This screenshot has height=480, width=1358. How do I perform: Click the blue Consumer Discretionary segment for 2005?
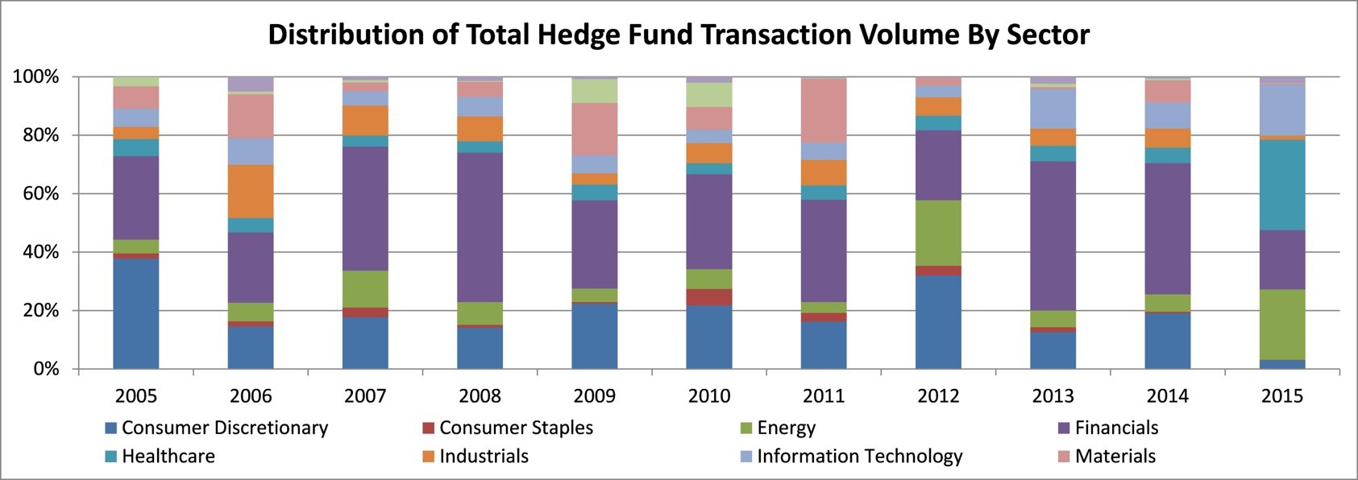pos(135,313)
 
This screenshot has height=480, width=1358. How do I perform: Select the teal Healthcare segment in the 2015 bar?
pos(1282,185)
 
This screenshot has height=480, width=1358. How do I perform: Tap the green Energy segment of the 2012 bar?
pos(938,233)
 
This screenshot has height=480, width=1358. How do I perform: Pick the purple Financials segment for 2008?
pos(480,227)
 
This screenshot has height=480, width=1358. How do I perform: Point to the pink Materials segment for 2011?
pos(824,111)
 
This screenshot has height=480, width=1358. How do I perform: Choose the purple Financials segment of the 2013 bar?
pos(1053,236)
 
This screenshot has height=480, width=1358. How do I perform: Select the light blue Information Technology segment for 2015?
pos(1282,110)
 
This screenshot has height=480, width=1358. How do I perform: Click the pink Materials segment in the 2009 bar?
pos(594,129)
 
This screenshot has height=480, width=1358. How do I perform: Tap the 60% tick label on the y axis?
pos(37,194)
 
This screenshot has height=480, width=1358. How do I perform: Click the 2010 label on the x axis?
pos(708,396)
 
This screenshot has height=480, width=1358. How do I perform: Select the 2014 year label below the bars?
pos(1168,396)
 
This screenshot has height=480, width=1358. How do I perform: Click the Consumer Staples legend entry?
pos(508,428)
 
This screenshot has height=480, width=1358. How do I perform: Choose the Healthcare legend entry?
pos(160,456)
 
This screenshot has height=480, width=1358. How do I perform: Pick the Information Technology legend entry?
pos(852,457)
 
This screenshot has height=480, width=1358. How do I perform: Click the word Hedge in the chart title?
pos(575,35)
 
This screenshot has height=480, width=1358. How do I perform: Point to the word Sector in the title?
pos(1049,35)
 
